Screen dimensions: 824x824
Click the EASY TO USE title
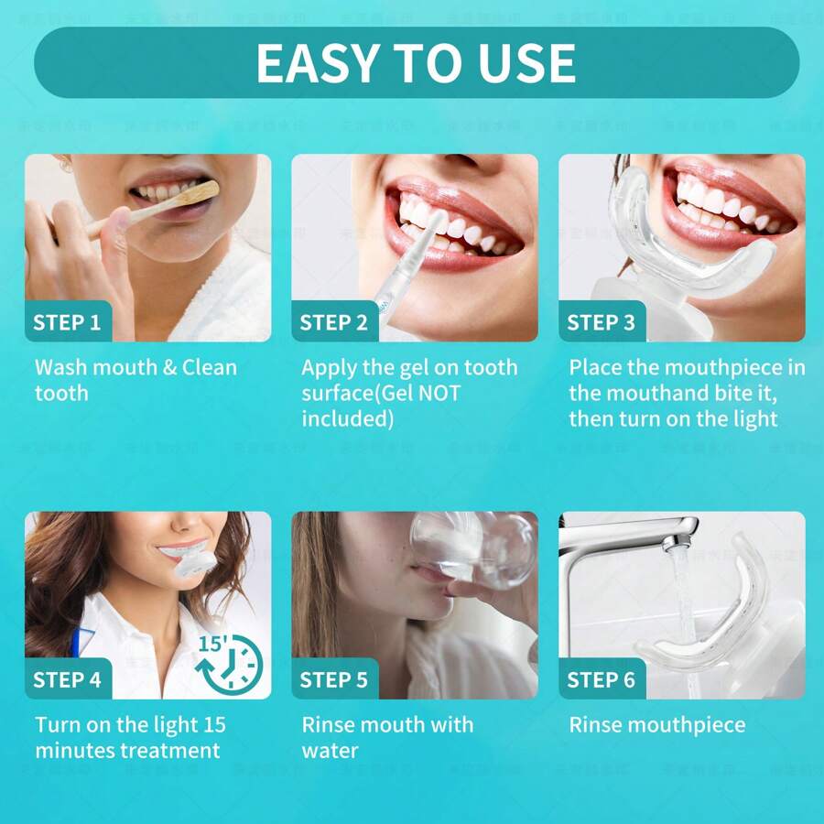[x=416, y=62]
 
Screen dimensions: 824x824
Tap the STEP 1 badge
[x=67, y=322]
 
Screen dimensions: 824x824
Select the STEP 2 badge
[x=334, y=322]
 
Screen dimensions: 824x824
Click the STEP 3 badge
[x=602, y=322]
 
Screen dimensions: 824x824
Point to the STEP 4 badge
[x=67, y=679]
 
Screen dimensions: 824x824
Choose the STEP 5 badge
[x=334, y=679]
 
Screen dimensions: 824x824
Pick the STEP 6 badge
[x=602, y=679]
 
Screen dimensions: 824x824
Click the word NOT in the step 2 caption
[x=439, y=394]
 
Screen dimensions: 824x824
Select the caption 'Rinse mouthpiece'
[x=656, y=725]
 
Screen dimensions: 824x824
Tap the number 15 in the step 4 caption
[x=214, y=725]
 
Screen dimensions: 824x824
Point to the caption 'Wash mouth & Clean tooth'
[x=136, y=380]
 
